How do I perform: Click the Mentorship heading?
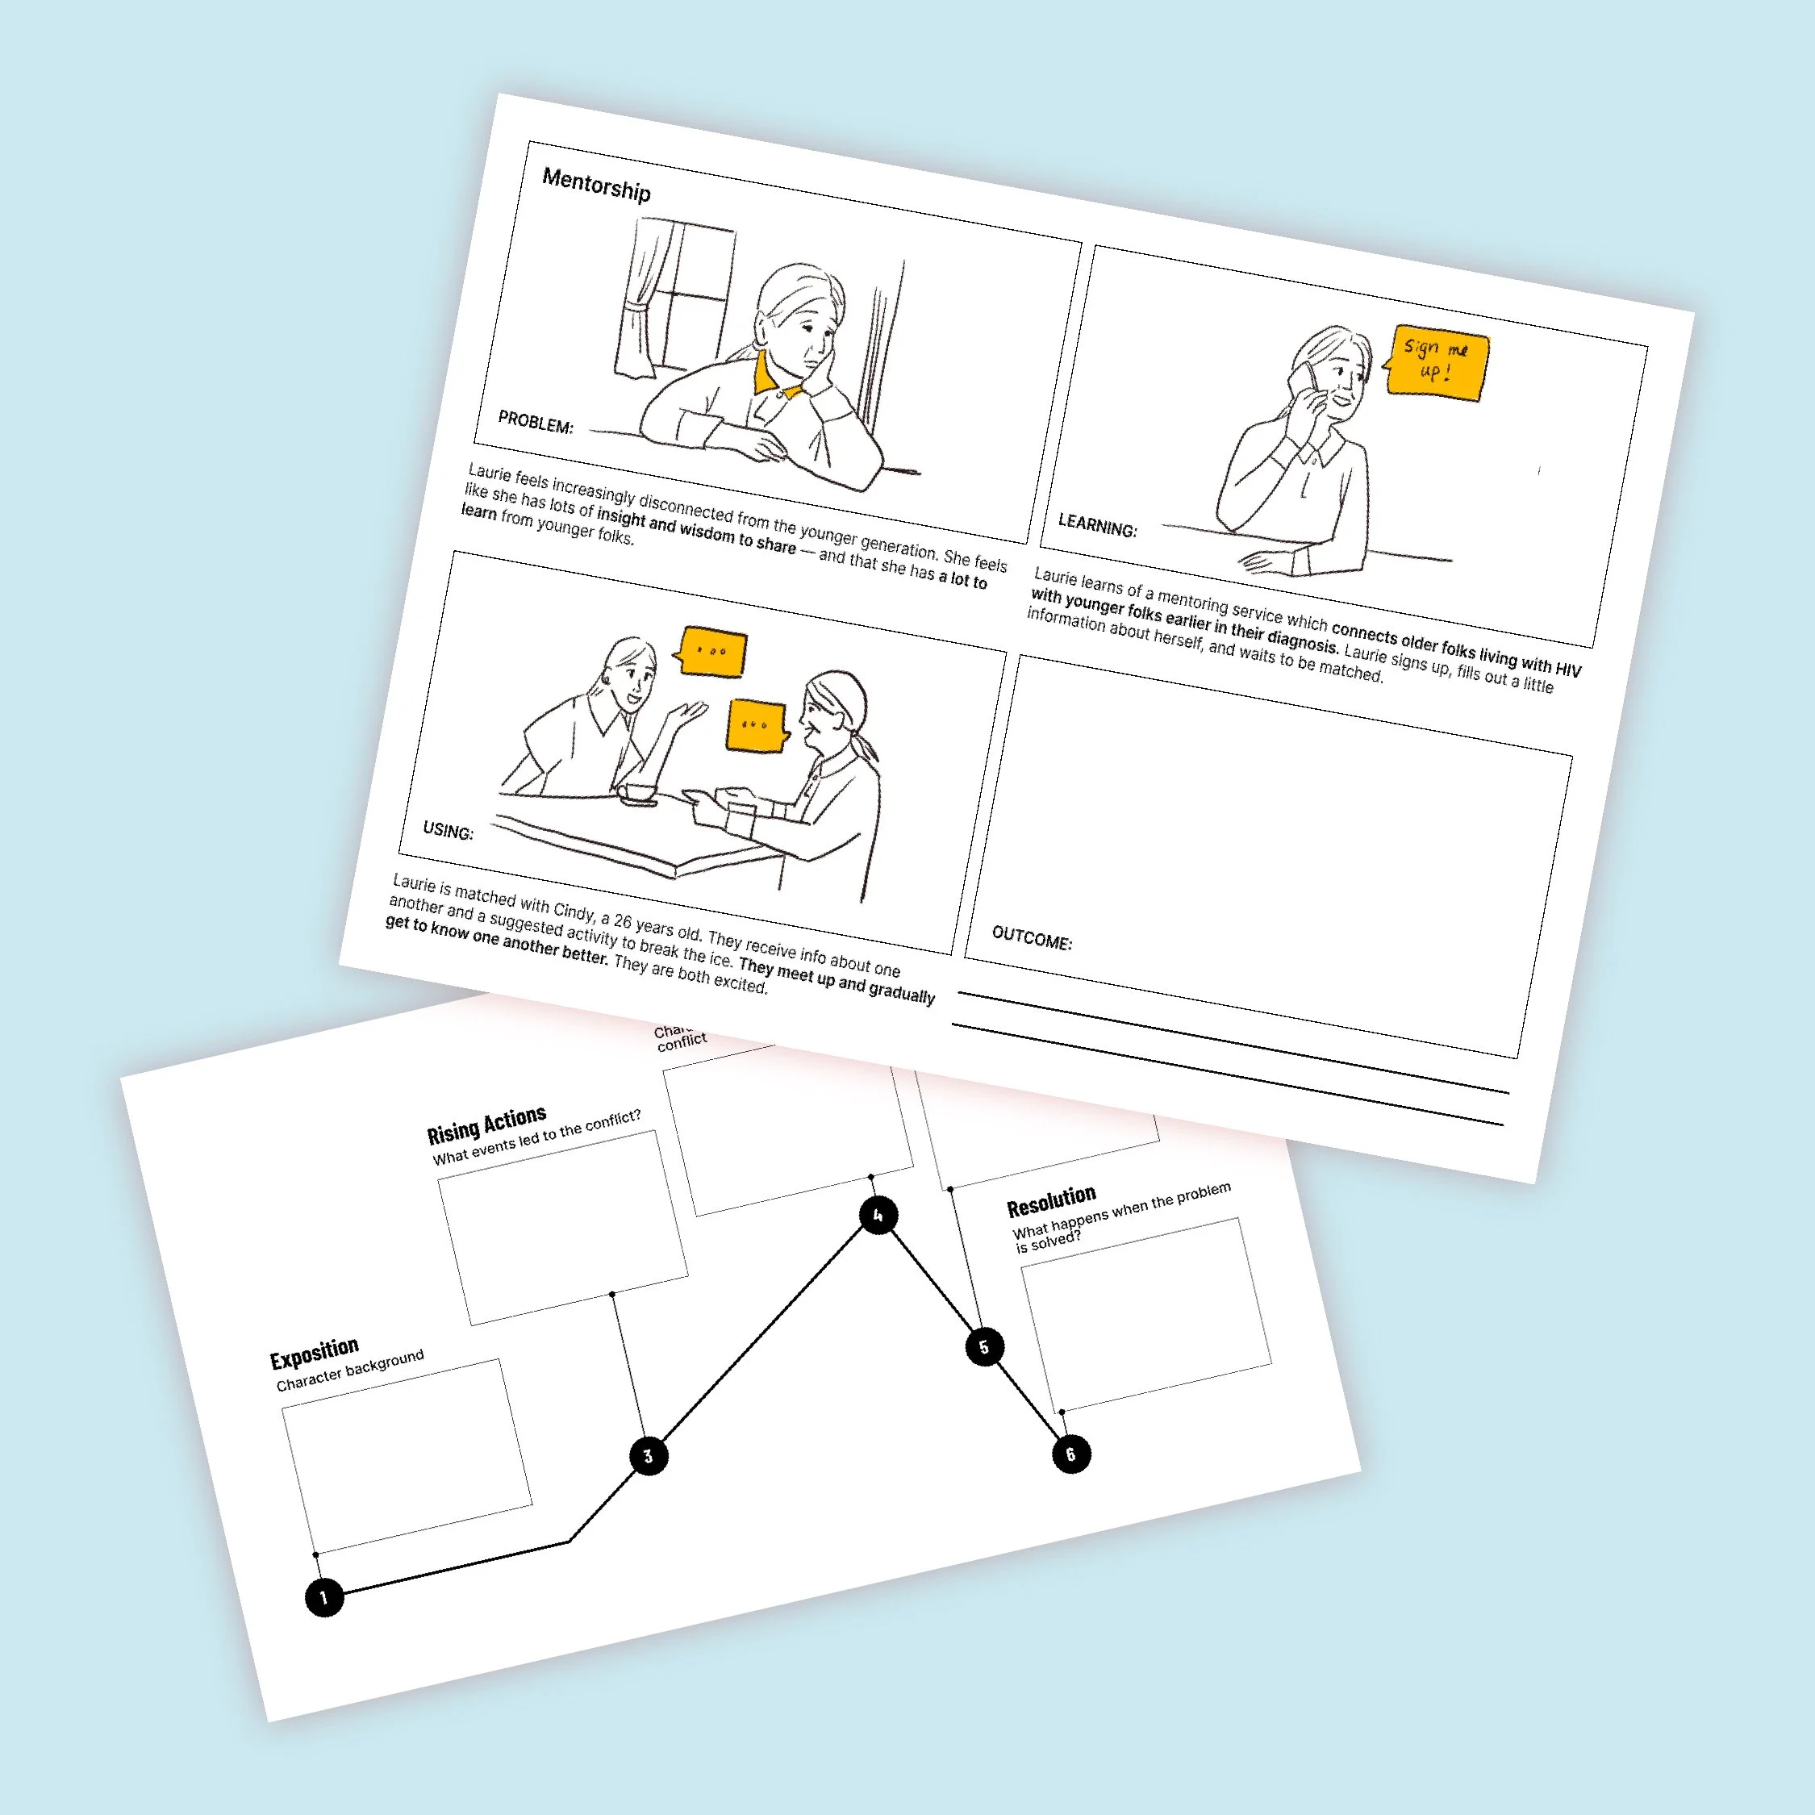point(597,184)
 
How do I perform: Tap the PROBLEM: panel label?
point(536,423)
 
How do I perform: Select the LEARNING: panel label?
point(1097,525)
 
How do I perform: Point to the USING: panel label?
point(449,831)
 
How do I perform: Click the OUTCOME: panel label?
point(1032,938)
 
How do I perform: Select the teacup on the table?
point(640,794)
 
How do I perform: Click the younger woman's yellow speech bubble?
point(711,651)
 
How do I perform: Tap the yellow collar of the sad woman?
point(773,376)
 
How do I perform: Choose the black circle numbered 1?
point(324,1597)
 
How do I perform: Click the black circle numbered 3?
point(649,1456)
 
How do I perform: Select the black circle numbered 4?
point(878,1215)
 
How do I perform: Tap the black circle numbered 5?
point(984,1347)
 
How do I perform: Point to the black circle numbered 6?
point(1071,1454)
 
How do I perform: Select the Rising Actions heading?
point(486,1124)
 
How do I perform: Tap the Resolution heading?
point(1051,1200)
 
